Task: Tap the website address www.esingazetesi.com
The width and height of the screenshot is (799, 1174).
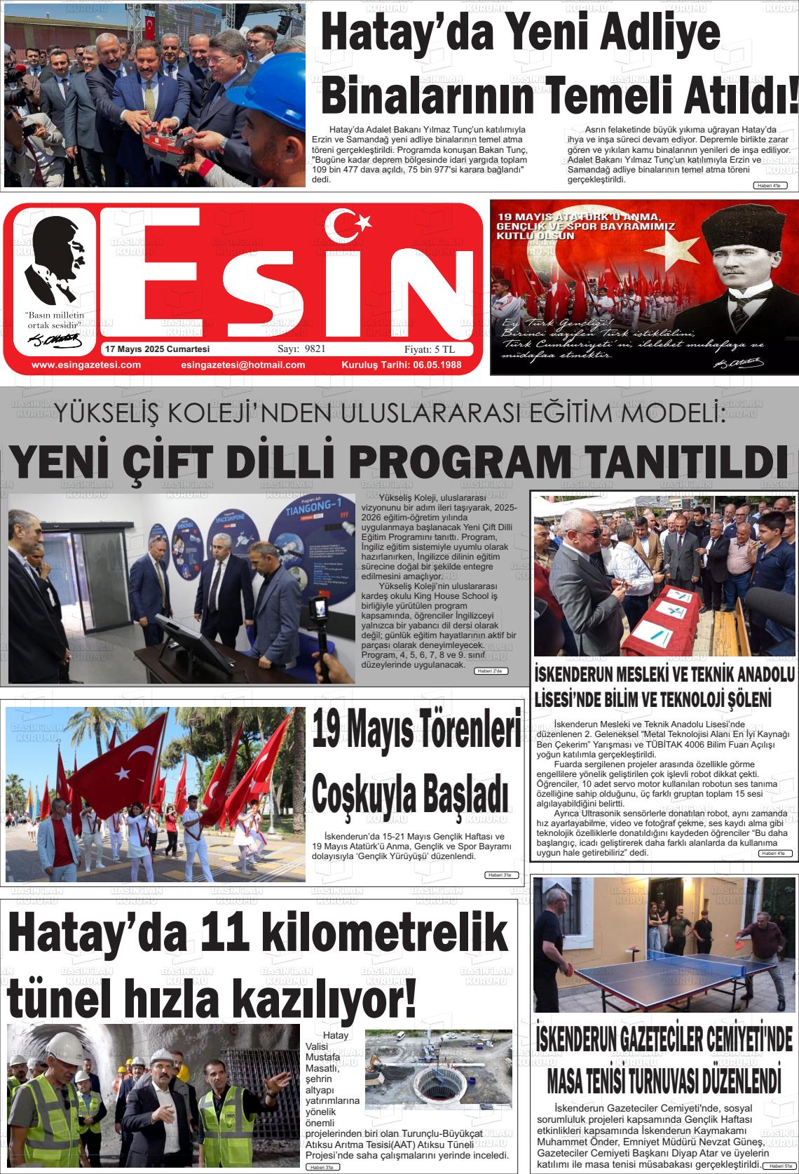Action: tap(86, 365)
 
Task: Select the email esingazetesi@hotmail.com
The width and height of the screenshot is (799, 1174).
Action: tap(243, 365)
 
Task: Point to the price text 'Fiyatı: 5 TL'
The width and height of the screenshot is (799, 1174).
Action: tap(430, 349)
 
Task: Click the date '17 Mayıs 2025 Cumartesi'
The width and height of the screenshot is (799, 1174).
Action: tap(157, 349)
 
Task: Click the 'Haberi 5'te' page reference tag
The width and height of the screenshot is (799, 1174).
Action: tap(776, 1166)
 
